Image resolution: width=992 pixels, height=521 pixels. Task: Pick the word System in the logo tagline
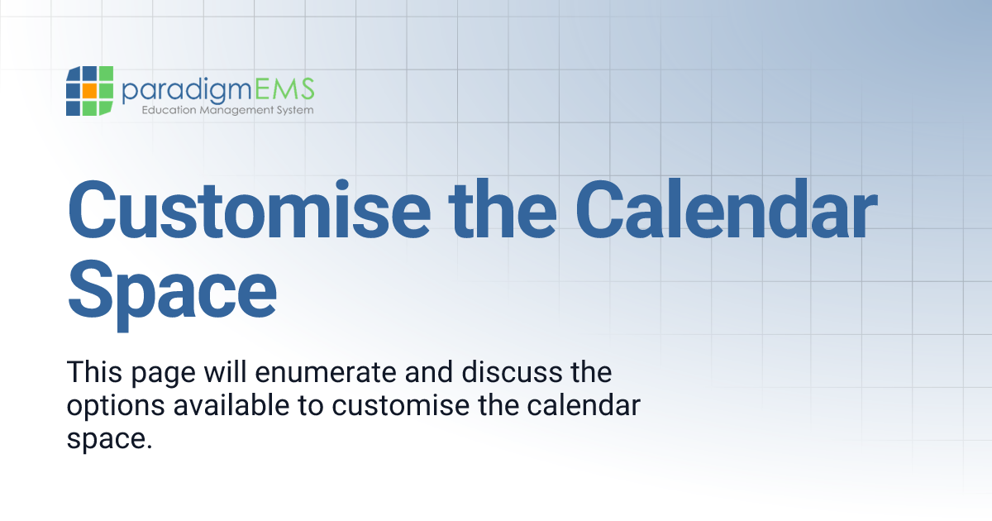[x=292, y=110]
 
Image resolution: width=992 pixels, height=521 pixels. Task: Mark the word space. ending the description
[x=110, y=439]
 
